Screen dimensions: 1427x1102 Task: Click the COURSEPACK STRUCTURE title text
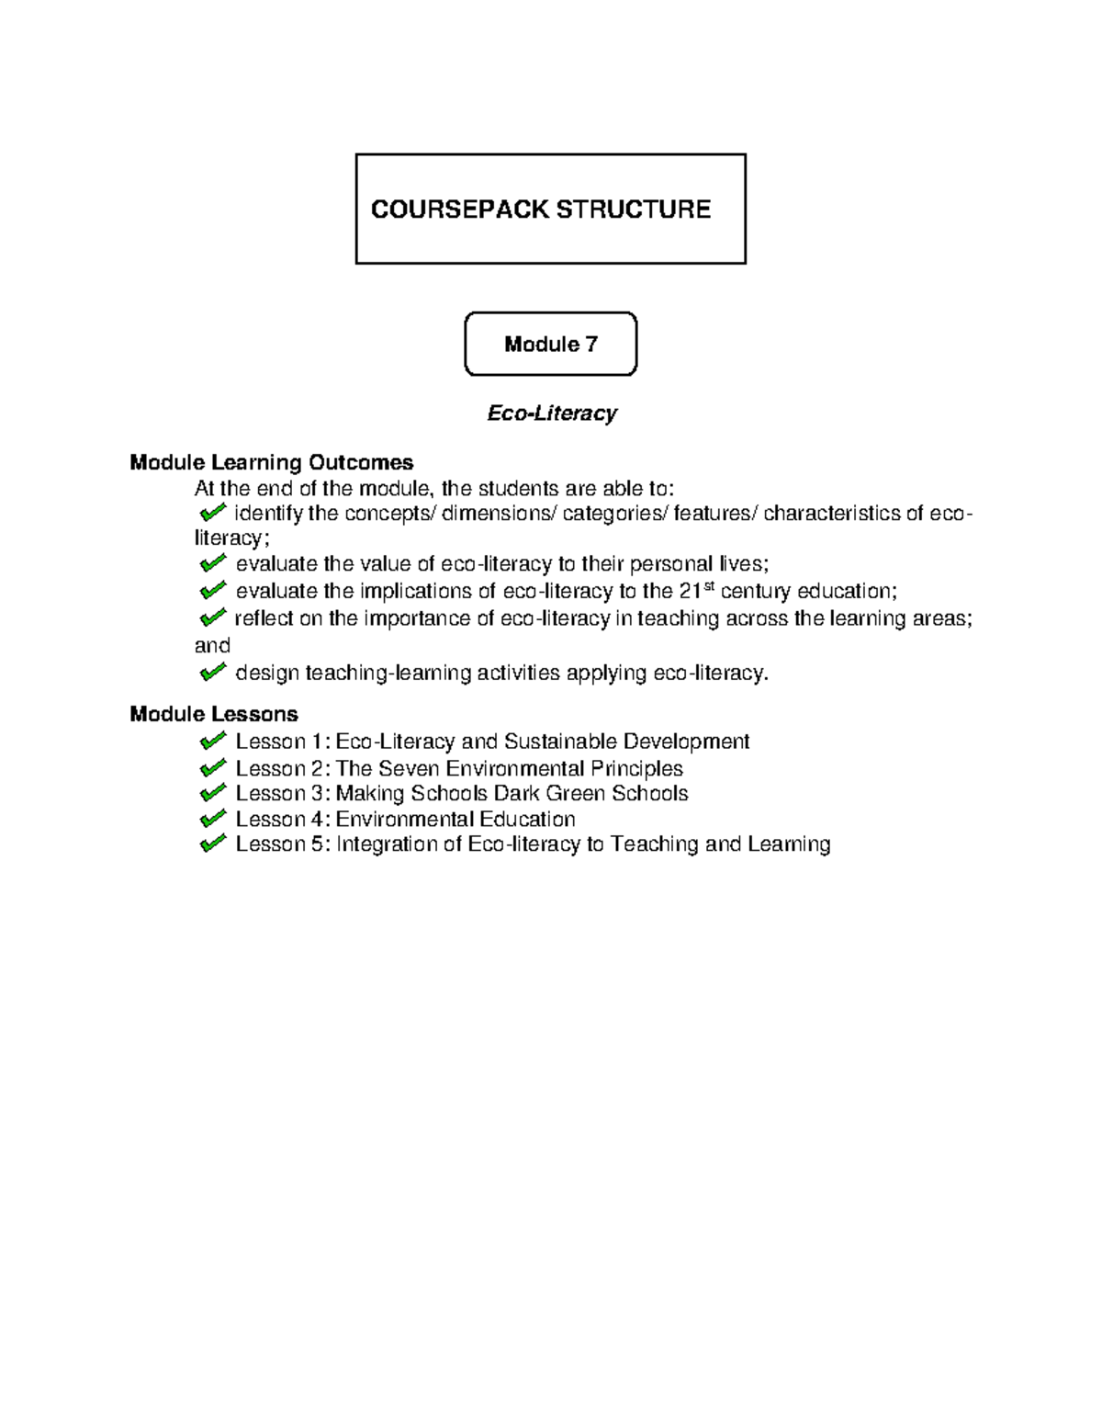[x=540, y=210]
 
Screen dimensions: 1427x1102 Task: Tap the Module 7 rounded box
[x=550, y=345]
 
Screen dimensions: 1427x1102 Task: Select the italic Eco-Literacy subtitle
[x=551, y=413]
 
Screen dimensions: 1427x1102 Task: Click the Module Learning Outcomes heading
[x=271, y=462]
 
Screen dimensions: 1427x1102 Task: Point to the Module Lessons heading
[x=213, y=714]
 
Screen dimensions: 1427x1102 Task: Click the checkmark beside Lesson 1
[x=212, y=741]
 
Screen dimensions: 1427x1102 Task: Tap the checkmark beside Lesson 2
[x=212, y=767]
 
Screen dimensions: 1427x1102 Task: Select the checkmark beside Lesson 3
[x=212, y=792]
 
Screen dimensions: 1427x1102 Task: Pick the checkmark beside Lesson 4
[x=212, y=818]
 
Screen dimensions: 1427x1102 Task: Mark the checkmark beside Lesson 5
[x=212, y=844]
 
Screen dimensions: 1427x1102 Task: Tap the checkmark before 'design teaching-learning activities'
[x=212, y=673]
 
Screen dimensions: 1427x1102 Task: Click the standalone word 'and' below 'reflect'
[x=212, y=646]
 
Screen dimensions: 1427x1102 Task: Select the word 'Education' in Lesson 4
[x=528, y=819]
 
